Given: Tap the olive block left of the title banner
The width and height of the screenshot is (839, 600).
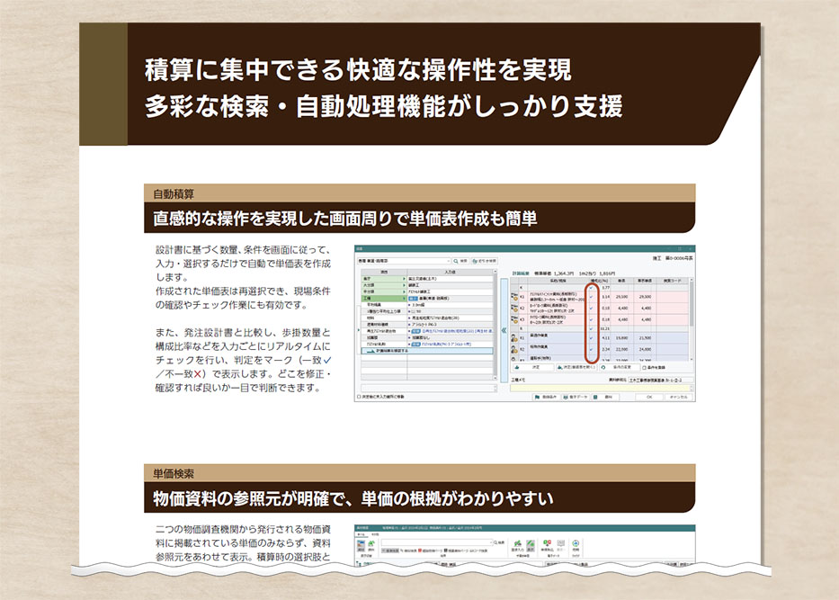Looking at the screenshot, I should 103,85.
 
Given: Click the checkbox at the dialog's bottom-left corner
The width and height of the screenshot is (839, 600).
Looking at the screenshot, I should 358,396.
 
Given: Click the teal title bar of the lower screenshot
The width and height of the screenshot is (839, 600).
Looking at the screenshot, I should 522,529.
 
